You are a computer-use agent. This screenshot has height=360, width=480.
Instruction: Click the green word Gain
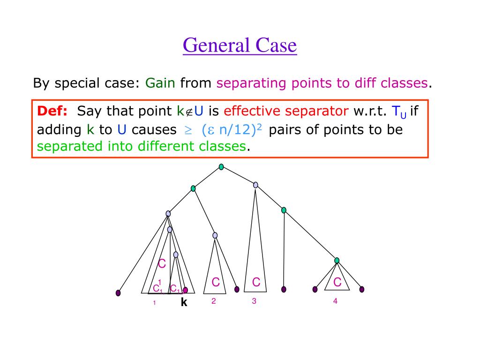tap(160, 83)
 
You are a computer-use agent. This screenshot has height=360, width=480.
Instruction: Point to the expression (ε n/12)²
tap(232, 130)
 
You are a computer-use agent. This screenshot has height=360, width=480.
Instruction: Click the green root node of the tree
tap(221, 167)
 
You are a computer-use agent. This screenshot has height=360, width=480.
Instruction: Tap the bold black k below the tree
tap(184, 303)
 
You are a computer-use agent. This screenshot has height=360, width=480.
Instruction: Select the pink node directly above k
tap(185, 290)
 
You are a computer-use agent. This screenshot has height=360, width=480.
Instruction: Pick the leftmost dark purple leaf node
tap(118, 293)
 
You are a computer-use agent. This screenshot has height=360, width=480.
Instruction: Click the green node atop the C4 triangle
tap(337, 261)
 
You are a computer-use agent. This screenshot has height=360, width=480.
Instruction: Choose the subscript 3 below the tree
tap(254, 301)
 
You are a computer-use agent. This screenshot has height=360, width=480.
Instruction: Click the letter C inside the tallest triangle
tap(256, 282)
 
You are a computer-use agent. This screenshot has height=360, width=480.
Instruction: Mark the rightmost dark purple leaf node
tap(361, 289)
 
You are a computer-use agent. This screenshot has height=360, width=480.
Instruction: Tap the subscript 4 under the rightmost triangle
tap(335, 301)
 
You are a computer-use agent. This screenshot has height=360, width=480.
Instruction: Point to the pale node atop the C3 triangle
tap(255, 185)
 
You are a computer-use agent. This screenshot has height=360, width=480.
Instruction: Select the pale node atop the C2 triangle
tap(215, 235)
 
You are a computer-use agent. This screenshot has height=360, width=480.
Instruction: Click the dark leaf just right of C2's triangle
tap(237, 289)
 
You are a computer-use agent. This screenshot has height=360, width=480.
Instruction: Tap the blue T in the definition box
tap(396, 111)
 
